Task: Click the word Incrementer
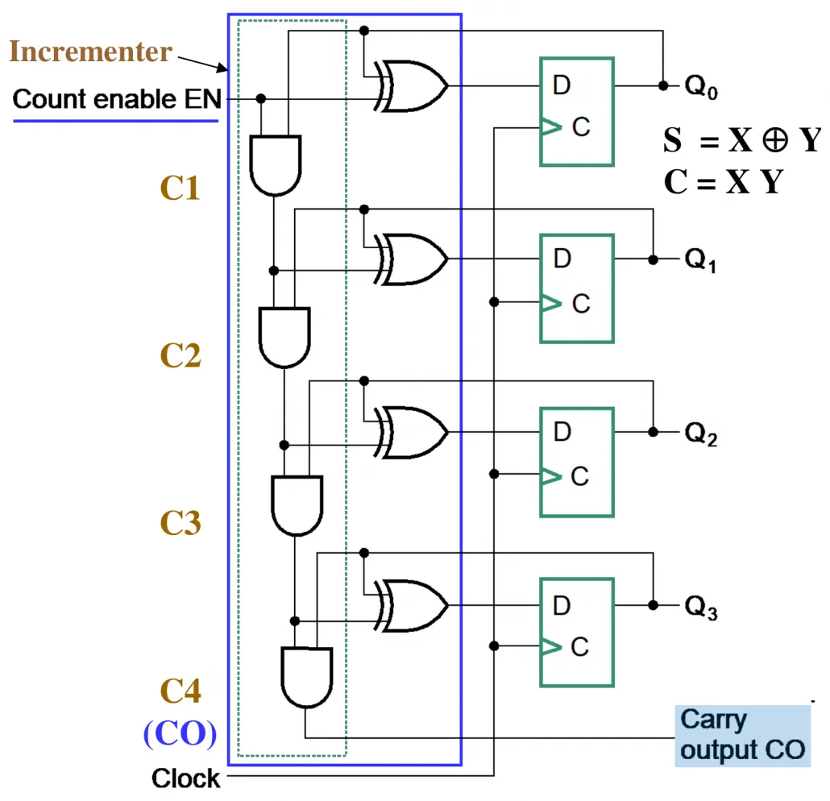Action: point(90,52)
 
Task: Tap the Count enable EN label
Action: point(117,99)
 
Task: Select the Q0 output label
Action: point(701,86)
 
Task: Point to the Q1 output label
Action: point(700,260)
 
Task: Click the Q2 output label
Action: point(701,434)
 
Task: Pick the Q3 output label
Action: point(701,607)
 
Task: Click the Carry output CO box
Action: point(743,736)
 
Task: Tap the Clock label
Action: point(186,778)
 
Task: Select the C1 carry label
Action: point(180,188)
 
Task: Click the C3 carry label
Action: point(181,523)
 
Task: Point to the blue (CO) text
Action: point(180,734)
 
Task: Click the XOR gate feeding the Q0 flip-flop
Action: point(410,85)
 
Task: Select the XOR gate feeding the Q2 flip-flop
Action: point(410,432)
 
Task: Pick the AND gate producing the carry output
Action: point(306,678)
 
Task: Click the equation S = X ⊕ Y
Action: point(742,140)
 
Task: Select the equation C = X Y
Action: point(723,181)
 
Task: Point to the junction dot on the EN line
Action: point(260,99)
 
